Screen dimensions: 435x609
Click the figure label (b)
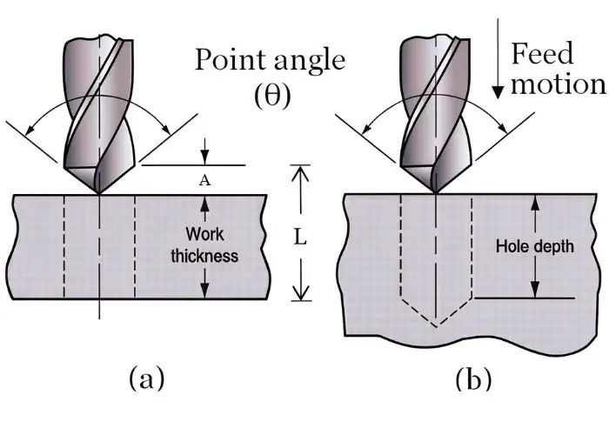point(472,378)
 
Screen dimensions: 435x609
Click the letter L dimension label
point(299,236)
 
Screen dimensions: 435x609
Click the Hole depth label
point(535,246)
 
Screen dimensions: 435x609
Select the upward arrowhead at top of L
point(299,172)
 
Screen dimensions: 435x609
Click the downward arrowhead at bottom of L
point(299,295)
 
